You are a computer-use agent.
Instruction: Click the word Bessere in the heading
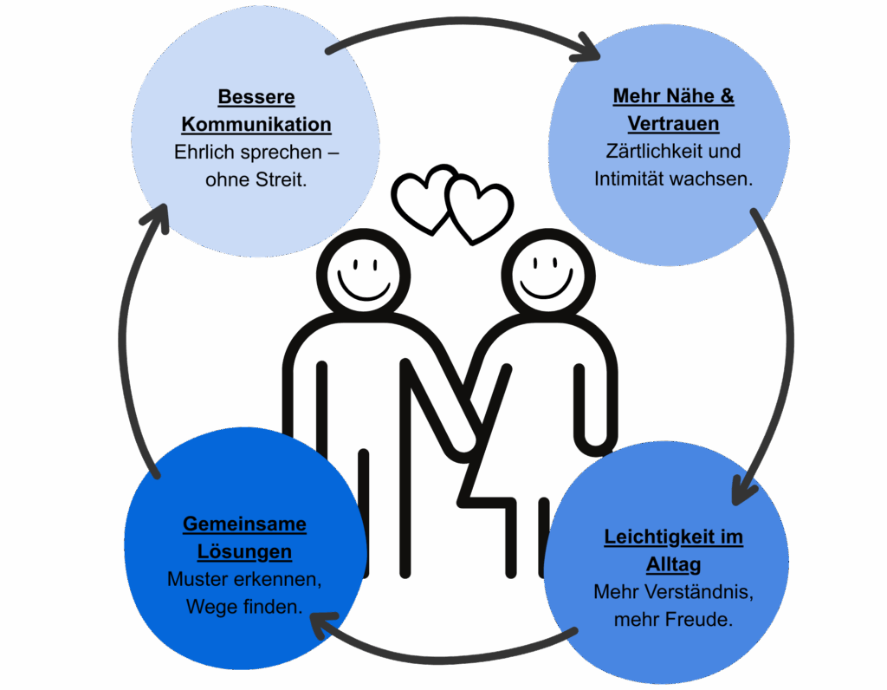pyautogui.click(x=256, y=96)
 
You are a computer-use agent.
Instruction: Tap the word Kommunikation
pyautogui.click(x=256, y=124)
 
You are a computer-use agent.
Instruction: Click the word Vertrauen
pyautogui.click(x=673, y=123)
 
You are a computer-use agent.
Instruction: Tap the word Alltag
pyautogui.click(x=673, y=565)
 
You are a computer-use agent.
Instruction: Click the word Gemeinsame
pyautogui.click(x=244, y=524)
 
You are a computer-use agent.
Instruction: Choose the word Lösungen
pyautogui.click(x=244, y=551)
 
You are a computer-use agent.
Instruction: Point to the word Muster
pyautogui.click(x=195, y=579)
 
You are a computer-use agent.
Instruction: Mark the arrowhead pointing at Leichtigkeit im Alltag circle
pyautogui.click(x=741, y=491)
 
